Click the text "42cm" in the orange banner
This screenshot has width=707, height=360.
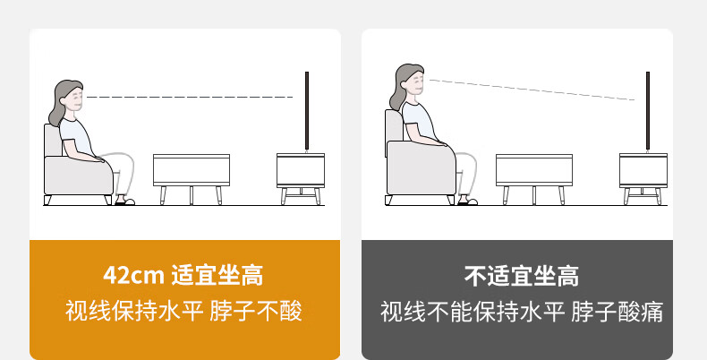tap(133, 275)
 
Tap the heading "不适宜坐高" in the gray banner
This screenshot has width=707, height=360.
tap(521, 276)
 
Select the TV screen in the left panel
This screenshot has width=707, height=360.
tap(307, 111)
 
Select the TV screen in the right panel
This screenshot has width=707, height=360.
tap(648, 111)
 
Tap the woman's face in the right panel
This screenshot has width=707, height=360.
tap(416, 83)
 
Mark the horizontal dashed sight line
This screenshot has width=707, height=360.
tap(190, 97)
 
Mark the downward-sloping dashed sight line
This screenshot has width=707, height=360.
tap(532, 90)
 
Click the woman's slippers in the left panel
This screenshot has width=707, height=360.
tap(124, 201)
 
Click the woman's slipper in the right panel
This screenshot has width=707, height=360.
tap(467, 201)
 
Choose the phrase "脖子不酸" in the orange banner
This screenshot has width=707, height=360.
tap(256, 311)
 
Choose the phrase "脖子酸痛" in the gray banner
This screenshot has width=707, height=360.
tap(618, 312)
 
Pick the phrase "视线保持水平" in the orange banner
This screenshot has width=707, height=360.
tap(134, 311)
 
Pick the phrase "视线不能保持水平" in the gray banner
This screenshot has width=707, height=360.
tap(473, 312)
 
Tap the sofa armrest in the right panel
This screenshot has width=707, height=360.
tap(422, 167)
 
